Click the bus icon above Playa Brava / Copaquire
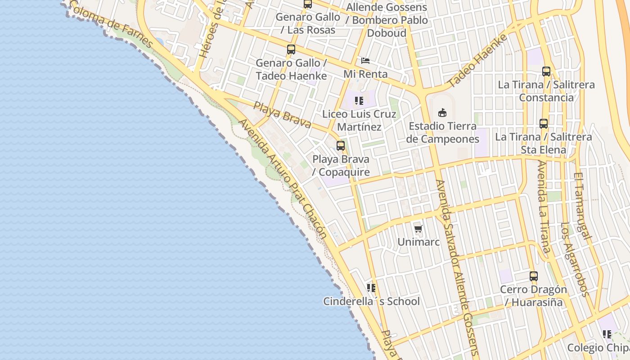[x=341, y=146]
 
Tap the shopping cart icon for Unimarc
[x=418, y=229]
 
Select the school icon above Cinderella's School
[x=371, y=288]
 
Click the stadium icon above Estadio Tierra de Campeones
[x=442, y=113]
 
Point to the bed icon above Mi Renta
[x=365, y=60]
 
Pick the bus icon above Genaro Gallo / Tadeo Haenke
[x=291, y=49]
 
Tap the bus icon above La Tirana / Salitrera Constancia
[x=546, y=71]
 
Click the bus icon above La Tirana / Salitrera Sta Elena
[x=544, y=123]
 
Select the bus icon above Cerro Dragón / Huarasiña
[x=534, y=276]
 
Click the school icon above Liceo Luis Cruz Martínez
[x=359, y=101]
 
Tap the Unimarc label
[x=418, y=242]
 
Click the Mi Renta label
[x=365, y=74]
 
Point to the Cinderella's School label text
[x=371, y=301]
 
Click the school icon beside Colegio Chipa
[x=607, y=334]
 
